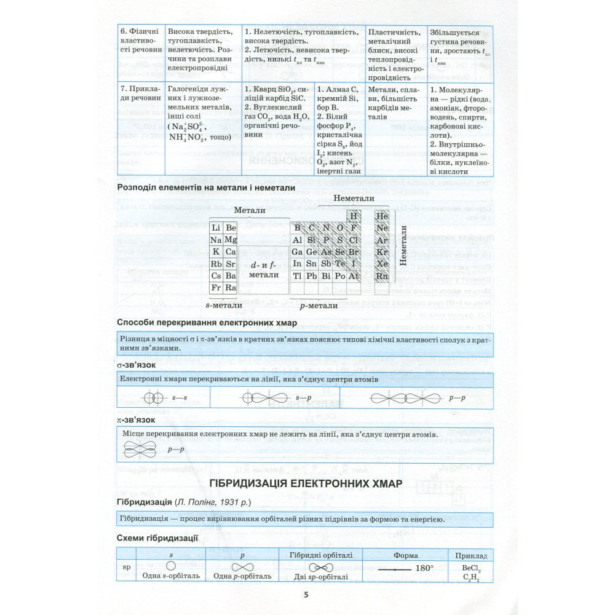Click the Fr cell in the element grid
[216, 287]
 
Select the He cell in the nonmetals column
[382, 216]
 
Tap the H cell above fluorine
[353, 216]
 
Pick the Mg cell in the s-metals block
[231, 240]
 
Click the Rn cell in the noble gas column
[382, 277]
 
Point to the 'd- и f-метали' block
[264, 269]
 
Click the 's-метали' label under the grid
[223, 304]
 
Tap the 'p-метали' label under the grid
[319, 305]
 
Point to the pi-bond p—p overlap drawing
[141, 451]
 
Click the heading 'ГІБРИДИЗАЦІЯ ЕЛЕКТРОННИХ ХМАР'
[306, 483]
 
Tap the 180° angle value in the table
[424, 568]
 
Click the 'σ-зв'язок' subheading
[136, 366]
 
